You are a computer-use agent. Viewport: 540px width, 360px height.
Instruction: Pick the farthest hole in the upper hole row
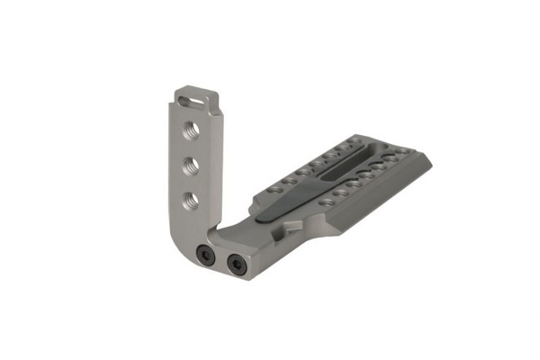(353, 141)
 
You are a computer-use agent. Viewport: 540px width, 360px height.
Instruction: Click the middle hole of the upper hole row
(315, 162)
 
